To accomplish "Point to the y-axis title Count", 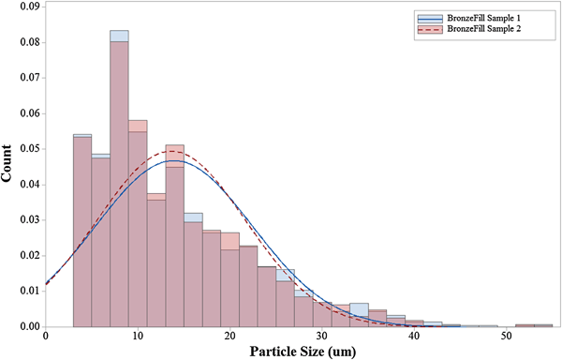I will (9, 167).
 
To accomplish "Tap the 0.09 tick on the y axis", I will (26, 7).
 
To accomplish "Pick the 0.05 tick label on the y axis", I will (26, 149).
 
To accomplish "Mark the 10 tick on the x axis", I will (138, 337).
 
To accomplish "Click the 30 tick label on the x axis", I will (322, 337).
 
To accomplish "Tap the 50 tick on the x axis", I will (507, 337).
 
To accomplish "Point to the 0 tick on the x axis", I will (46, 337).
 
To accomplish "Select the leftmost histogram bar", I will (82, 234).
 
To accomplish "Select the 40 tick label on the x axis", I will (414, 337).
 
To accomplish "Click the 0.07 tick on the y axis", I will (26, 78).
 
